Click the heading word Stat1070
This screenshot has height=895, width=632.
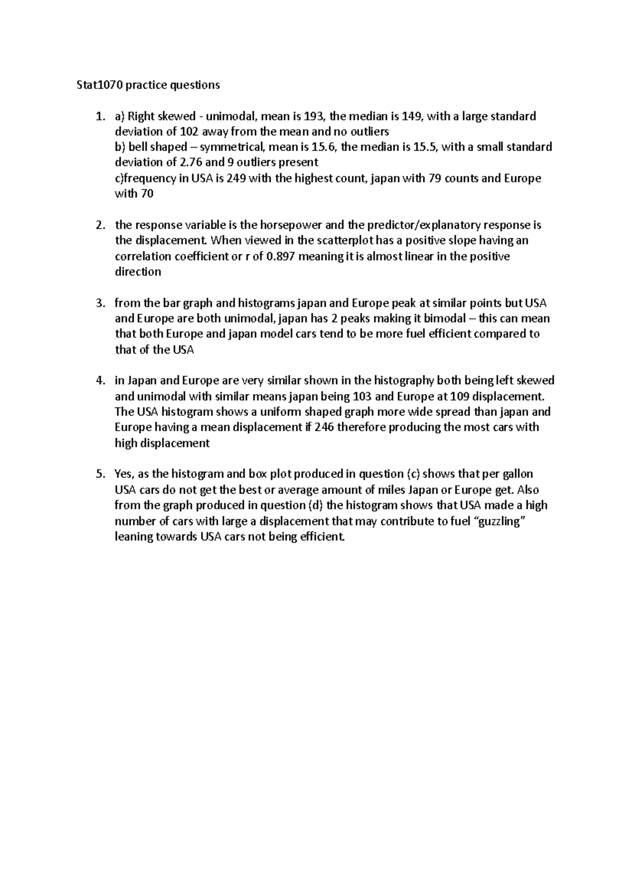(92, 85)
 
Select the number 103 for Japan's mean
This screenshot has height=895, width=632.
(353, 396)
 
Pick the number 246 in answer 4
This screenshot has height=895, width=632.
(323, 427)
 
